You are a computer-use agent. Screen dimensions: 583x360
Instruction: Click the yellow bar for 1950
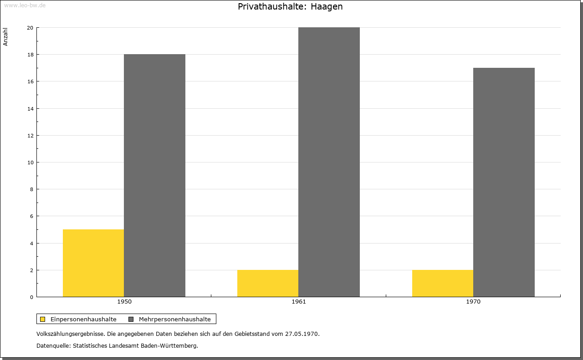point(93,263)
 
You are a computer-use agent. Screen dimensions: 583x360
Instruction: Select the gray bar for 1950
point(154,176)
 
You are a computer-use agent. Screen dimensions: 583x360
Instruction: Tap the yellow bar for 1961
point(268,283)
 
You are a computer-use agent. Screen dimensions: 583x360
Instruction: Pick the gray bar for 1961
point(329,162)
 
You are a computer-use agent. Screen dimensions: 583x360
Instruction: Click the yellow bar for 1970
point(443,283)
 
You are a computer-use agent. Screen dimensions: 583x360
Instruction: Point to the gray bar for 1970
point(504,183)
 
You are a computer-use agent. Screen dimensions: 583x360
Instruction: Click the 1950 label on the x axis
point(124,302)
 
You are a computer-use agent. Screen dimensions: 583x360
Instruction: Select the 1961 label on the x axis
point(299,302)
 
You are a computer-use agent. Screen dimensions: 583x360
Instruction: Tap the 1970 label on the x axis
point(473,302)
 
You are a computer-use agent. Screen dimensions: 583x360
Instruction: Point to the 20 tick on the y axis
point(30,28)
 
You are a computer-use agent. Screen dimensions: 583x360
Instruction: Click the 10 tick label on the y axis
point(31,162)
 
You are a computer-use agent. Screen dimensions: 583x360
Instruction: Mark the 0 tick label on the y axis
point(31,297)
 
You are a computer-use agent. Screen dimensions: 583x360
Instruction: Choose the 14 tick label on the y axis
point(31,109)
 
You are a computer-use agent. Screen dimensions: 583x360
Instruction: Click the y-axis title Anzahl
point(5,37)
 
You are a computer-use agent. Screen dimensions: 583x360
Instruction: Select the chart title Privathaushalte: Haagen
point(290,6)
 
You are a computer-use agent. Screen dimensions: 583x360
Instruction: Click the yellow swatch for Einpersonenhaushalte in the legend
point(42,319)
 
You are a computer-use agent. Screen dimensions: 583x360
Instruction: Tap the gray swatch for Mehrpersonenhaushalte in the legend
point(131,319)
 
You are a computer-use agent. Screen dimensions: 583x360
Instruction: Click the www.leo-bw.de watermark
point(25,5)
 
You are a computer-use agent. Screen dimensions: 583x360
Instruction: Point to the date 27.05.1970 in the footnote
point(302,334)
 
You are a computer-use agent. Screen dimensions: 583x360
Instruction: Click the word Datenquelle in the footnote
point(53,346)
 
